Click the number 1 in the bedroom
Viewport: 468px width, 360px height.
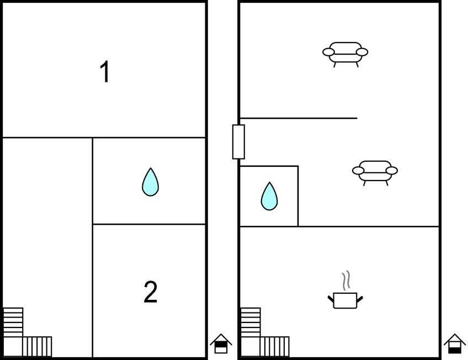[x=105, y=72]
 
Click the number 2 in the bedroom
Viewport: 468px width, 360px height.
[x=151, y=292]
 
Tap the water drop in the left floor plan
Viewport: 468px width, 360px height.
[x=151, y=182]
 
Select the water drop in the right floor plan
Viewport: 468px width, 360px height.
[x=269, y=197]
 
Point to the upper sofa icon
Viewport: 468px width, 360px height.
[x=345, y=54]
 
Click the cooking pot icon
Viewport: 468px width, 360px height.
[x=345, y=300]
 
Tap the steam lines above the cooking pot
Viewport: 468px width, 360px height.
[x=346, y=280]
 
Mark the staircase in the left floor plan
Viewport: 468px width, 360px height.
[x=27, y=332]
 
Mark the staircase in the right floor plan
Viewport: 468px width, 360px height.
[x=265, y=332]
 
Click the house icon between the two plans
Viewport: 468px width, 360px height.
[x=221, y=343]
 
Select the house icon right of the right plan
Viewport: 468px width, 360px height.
[x=455, y=343]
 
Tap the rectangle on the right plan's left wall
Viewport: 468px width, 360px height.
[x=238, y=142]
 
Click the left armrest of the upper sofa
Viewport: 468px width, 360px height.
[x=328, y=52]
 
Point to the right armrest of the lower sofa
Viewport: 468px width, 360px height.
[x=392, y=171]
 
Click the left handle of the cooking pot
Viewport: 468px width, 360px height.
[x=331, y=299]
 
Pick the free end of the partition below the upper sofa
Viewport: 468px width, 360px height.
[x=357, y=118]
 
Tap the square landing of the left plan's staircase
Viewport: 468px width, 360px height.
[x=13, y=347]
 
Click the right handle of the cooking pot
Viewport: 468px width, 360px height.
[x=360, y=299]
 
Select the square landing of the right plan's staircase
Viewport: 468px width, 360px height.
[x=250, y=347]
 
